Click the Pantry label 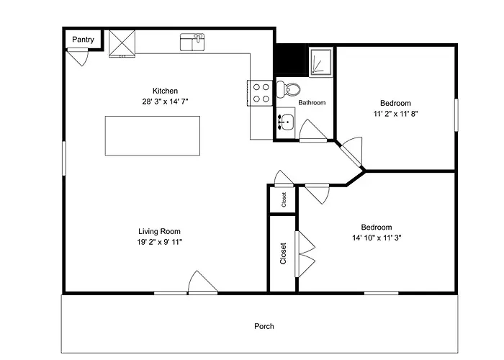coord(83,40)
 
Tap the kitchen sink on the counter coord(192,42)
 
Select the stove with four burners coord(260,93)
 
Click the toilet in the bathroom coord(288,90)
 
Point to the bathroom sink coord(286,122)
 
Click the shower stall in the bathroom coord(321,63)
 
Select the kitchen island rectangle coord(153,135)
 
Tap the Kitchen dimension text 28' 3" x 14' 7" coord(165,102)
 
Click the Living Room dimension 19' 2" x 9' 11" coord(159,242)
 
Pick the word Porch coord(264,326)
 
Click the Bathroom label coord(312,102)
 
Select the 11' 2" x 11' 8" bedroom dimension coord(395,114)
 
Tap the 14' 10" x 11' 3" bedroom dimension coord(377,238)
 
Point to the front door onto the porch coord(202,283)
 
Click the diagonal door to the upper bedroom coord(351,153)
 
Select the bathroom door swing coord(312,130)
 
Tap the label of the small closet coord(284,199)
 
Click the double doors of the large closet coord(305,254)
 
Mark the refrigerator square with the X coord(122,43)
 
